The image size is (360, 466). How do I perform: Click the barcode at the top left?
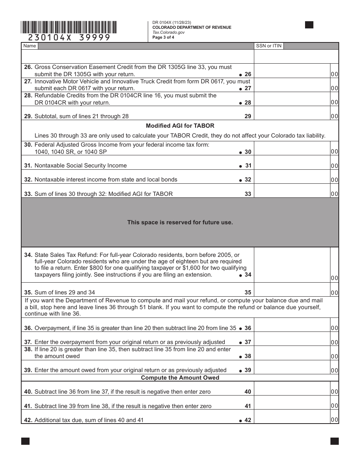click(69, 27)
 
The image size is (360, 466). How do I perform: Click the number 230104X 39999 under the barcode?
click(69, 38)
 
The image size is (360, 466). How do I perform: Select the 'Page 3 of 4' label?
click(163, 38)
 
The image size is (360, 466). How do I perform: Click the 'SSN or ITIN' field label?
click(269, 46)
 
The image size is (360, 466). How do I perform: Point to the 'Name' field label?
click(30, 46)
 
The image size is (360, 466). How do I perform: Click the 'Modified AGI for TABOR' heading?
click(180, 126)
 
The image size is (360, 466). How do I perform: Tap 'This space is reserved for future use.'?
click(180, 222)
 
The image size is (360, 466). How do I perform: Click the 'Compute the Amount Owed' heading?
click(180, 378)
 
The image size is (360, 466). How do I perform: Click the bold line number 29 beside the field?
click(247, 116)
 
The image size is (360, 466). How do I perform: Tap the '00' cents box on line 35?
click(334, 292)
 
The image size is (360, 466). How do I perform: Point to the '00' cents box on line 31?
click(334, 166)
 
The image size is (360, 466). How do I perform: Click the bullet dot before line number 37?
click(240, 342)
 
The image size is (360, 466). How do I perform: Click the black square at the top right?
click(309, 25)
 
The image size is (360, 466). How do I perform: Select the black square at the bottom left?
click(25, 441)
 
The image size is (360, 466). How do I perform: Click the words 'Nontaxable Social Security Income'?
click(81, 166)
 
